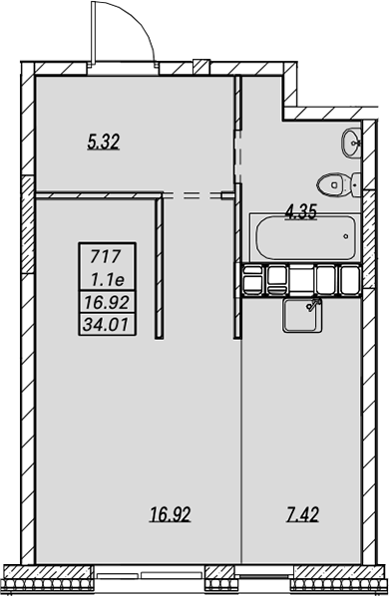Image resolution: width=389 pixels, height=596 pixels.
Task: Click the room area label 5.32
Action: (x=104, y=142)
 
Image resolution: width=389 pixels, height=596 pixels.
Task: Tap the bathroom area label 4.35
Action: (x=301, y=211)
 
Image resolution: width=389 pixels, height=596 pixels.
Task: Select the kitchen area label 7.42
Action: (x=302, y=514)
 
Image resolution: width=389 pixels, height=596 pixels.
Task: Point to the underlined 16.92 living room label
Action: (x=171, y=514)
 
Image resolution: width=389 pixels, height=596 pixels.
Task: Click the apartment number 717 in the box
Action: (x=106, y=257)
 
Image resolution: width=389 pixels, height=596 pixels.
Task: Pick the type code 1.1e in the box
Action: (x=108, y=280)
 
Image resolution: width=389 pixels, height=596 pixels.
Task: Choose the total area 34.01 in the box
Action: (x=106, y=325)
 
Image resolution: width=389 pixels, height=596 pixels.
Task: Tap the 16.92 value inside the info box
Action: (x=107, y=303)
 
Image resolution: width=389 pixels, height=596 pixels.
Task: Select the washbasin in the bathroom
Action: (x=351, y=143)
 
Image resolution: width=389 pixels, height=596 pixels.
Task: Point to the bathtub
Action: (x=305, y=237)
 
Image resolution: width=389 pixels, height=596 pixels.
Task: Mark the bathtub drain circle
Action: (x=346, y=236)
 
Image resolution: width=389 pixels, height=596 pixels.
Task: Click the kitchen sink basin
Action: (x=300, y=315)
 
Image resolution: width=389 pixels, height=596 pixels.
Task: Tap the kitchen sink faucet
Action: (x=314, y=304)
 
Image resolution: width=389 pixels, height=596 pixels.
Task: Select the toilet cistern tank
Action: (x=356, y=184)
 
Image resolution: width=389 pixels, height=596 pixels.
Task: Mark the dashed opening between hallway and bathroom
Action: (x=238, y=156)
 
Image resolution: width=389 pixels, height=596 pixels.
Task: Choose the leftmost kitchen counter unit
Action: (x=253, y=280)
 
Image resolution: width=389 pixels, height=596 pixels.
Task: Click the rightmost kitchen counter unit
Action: (x=350, y=280)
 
